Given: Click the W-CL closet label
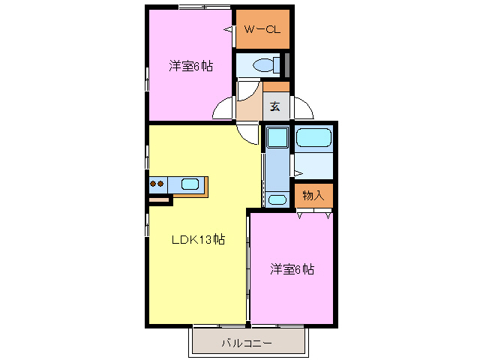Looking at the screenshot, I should point(262,30).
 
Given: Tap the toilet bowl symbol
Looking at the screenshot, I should point(263,65).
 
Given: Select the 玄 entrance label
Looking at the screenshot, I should point(275,106).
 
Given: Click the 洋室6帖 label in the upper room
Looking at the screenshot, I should point(190,67).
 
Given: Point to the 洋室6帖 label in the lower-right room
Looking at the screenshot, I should point(292,269).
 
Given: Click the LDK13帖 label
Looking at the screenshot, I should point(199,240).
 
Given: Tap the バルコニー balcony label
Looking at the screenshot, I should point(247,343).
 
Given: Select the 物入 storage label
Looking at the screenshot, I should point(313,195).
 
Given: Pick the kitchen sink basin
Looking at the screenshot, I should point(190,184).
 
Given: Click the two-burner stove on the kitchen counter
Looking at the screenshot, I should point(157,184).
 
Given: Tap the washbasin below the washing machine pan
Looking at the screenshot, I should point(277,199).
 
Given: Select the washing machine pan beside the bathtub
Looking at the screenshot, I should point(277,138).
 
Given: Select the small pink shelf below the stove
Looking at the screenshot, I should point(160,200).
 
